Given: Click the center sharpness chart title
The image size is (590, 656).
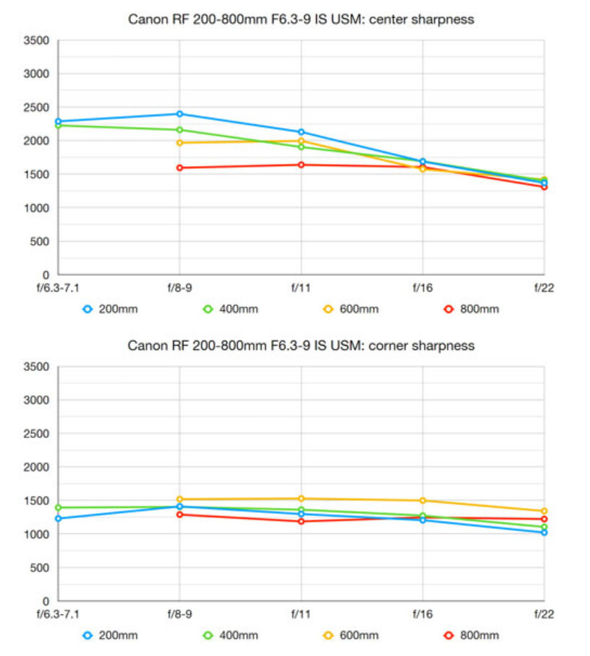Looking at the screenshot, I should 300,19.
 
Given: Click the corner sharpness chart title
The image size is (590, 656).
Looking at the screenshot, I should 300,346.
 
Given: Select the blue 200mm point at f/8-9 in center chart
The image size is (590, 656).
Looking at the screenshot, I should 179,114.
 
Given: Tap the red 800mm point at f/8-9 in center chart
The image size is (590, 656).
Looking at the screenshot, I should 179,168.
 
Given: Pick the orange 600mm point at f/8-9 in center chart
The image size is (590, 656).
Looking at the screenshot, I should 179,143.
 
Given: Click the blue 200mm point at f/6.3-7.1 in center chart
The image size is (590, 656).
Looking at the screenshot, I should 58,122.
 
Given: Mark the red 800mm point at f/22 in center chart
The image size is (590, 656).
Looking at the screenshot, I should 544,187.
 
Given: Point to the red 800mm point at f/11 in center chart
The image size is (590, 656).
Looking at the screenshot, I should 300,165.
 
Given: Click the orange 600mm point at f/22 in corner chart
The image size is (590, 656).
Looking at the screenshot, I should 544,512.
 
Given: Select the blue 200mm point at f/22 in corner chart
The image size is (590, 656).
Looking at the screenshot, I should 544,533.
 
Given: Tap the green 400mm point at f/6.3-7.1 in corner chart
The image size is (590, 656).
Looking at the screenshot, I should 58,508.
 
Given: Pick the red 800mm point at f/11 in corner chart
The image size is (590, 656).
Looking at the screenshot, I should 300,521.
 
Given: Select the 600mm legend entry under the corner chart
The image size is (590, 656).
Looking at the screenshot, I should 350,636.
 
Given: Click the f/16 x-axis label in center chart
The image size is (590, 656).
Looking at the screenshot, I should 422,287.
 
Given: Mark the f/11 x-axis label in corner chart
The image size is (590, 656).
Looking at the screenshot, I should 300,613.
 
